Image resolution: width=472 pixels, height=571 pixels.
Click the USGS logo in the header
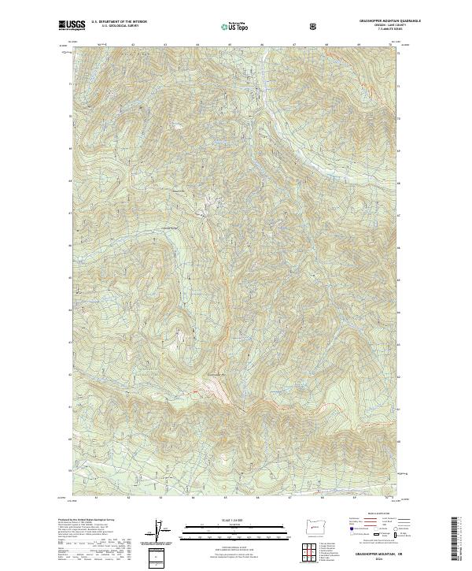click(x=72, y=24)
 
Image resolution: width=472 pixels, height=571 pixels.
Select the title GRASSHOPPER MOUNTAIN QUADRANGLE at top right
click(x=372, y=21)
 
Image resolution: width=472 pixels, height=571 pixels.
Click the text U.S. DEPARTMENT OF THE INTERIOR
click(x=118, y=22)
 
